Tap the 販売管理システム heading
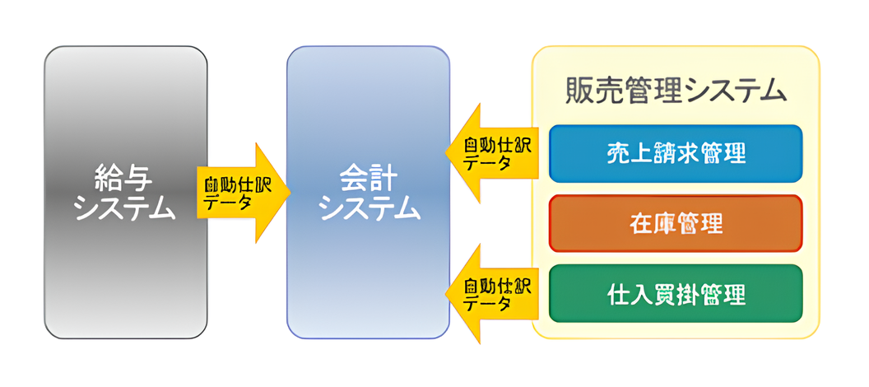tap(676, 90)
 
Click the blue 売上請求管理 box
tap(675, 153)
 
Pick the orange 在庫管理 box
tap(675, 223)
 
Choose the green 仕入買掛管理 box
tap(675, 293)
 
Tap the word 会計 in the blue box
tap(368, 178)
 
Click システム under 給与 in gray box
tap(125, 208)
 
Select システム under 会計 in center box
tap(368, 208)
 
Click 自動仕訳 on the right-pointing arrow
tap(237, 184)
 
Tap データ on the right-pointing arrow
tap(229, 202)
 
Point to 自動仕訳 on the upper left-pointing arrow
tap(498, 146)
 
